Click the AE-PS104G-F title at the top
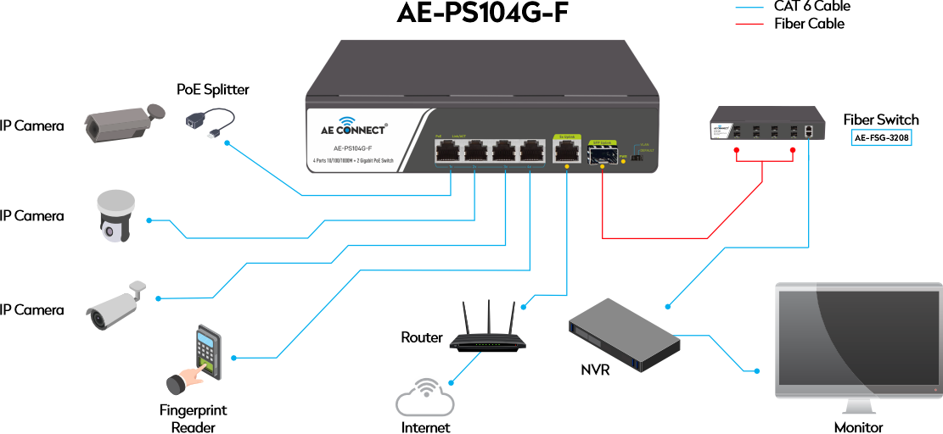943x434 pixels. (x=482, y=14)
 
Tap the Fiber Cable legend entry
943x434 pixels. (x=808, y=24)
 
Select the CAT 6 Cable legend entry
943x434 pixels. (x=811, y=6)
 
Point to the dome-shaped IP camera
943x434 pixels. (x=115, y=216)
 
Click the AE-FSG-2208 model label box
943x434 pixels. (x=880, y=137)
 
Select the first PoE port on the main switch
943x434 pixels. (x=447, y=152)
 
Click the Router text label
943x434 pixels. (x=422, y=337)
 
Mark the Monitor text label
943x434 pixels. (x=858, y=427)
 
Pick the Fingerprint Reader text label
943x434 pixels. (x=194, y=419)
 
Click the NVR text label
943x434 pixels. (x=595, y=370)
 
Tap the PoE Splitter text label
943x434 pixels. (x=213, y=89)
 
